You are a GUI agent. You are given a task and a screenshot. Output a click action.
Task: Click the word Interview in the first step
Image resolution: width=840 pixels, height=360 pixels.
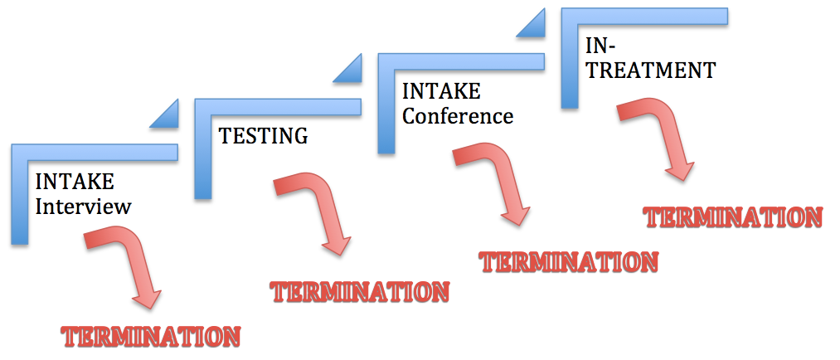83,207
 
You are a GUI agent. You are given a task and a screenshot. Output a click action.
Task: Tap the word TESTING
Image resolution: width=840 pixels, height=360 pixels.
263,135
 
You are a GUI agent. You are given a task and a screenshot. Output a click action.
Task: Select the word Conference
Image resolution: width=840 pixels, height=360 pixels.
458,116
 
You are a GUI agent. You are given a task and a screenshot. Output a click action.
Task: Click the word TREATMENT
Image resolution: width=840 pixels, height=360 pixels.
650,71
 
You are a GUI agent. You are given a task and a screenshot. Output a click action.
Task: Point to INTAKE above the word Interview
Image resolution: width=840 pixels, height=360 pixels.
75,182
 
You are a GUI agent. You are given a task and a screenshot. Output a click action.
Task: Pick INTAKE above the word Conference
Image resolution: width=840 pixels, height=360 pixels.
441,90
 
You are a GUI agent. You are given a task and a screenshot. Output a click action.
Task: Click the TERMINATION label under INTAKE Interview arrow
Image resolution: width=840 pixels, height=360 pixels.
151,337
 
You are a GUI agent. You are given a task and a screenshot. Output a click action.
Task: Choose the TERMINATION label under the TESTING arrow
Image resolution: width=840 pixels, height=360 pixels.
359,291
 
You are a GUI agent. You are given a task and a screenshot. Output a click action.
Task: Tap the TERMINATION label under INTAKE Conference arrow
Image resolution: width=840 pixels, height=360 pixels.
568,261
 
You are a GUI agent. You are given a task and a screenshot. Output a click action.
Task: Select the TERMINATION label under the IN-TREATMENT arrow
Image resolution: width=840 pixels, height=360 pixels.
732,217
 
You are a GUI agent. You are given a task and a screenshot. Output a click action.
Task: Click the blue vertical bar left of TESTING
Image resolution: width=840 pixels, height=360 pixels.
202,149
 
